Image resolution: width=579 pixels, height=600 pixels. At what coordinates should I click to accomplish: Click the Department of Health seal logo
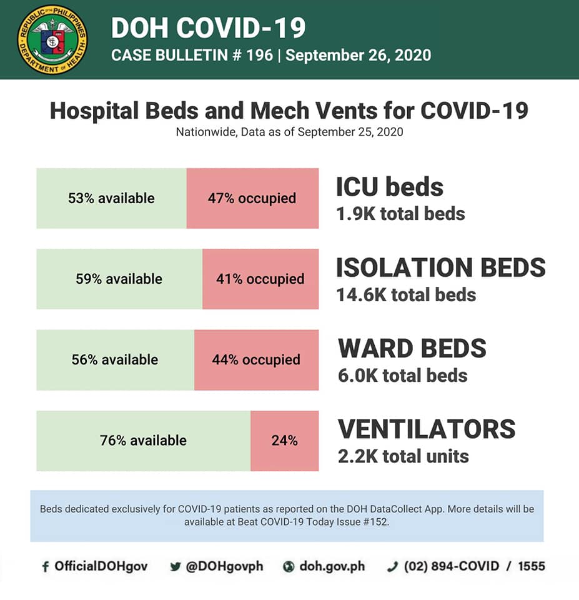[52, 40]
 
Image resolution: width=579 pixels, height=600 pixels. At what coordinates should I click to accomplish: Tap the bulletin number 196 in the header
[260, 55]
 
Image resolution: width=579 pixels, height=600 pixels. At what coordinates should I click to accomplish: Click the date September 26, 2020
[359, 55]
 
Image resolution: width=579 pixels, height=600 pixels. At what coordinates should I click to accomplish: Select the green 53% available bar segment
[112, 198]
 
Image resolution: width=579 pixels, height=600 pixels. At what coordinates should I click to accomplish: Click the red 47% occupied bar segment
[253, 198]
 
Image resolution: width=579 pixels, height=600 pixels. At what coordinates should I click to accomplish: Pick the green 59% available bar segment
[120, 279]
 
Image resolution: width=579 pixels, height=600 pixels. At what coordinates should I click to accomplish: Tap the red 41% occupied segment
[260, 279]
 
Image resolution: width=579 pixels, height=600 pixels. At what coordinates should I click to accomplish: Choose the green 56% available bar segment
[116, 360]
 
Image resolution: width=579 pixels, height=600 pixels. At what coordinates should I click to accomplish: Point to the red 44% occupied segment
[256, 360]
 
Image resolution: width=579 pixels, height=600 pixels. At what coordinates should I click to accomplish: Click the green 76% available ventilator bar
[144, 441]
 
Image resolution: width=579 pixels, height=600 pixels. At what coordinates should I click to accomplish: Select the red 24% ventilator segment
[285, 441]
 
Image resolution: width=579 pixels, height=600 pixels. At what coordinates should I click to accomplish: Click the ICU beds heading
[390, 187]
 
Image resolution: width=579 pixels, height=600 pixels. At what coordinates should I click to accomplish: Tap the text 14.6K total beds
[406, 295]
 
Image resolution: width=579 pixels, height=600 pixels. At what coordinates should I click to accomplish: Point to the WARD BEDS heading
[412, 348]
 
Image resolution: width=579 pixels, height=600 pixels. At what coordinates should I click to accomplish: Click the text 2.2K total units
[403, 456]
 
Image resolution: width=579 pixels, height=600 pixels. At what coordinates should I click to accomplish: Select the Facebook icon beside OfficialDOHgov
[45, 567]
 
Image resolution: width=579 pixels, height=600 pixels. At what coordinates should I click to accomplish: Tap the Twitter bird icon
[175, 567]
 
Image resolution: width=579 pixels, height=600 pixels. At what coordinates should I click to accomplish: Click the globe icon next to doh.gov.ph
[289, 567]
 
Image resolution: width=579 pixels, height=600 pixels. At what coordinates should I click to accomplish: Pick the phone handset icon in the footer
[393, 567]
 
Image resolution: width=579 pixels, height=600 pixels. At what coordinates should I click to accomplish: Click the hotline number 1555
[532, 566]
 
